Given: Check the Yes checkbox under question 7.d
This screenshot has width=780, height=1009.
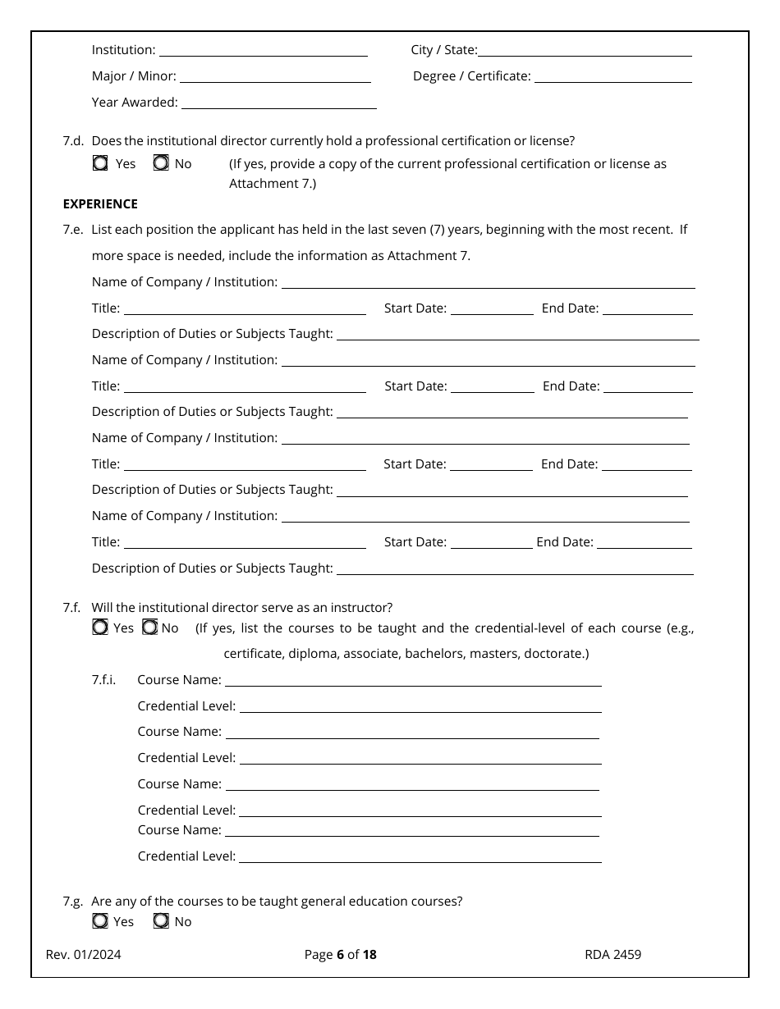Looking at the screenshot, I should pyautogui.click(x=100, y=163).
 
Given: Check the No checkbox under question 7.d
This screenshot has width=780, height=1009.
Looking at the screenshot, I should pyautogui.click(x=162, y=163).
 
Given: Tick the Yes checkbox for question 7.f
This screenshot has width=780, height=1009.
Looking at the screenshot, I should pyautogui.click(x=100, y=628).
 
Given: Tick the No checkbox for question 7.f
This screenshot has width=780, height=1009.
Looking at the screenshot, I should pyautogui.click(x=150, y=628).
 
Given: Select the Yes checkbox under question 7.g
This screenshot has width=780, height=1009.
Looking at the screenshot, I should pyautogui.click(x=100, y=921).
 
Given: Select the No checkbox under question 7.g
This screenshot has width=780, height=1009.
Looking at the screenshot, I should pyautogui.click(x=162, y=921).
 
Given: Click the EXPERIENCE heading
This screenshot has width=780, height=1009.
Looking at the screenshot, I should pyautogui.click(x=100, y=203).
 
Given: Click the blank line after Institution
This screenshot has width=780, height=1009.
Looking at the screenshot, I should pyautogui.click(x=263, y=50).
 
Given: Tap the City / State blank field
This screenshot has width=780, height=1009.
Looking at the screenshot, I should pyautogui.click(x=585, y=50).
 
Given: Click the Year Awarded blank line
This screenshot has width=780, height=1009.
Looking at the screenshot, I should pyautogui.click(x=278, y=103).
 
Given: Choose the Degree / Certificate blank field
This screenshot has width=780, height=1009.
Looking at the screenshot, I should pyautogui.click(x=613, y=76).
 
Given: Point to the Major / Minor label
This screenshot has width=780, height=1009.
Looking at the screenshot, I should pyautogui.click(x=134, y=76).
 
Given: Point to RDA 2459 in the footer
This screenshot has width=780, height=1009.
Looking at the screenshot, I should pyautogui.click(x=613, y=954).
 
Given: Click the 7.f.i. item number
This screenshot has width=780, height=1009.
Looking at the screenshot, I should pyautogui.click(x=103, y=679).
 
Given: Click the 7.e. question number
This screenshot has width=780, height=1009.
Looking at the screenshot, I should pyautogui.click(x=72, y=230).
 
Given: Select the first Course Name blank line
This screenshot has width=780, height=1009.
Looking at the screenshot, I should pyautogui.click(x=413, y=680).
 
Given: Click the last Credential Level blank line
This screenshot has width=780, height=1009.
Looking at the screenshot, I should pyautogui.click(x=420, y=856).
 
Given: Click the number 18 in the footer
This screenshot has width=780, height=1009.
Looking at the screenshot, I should pyautogui.click(x=369, y=954).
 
